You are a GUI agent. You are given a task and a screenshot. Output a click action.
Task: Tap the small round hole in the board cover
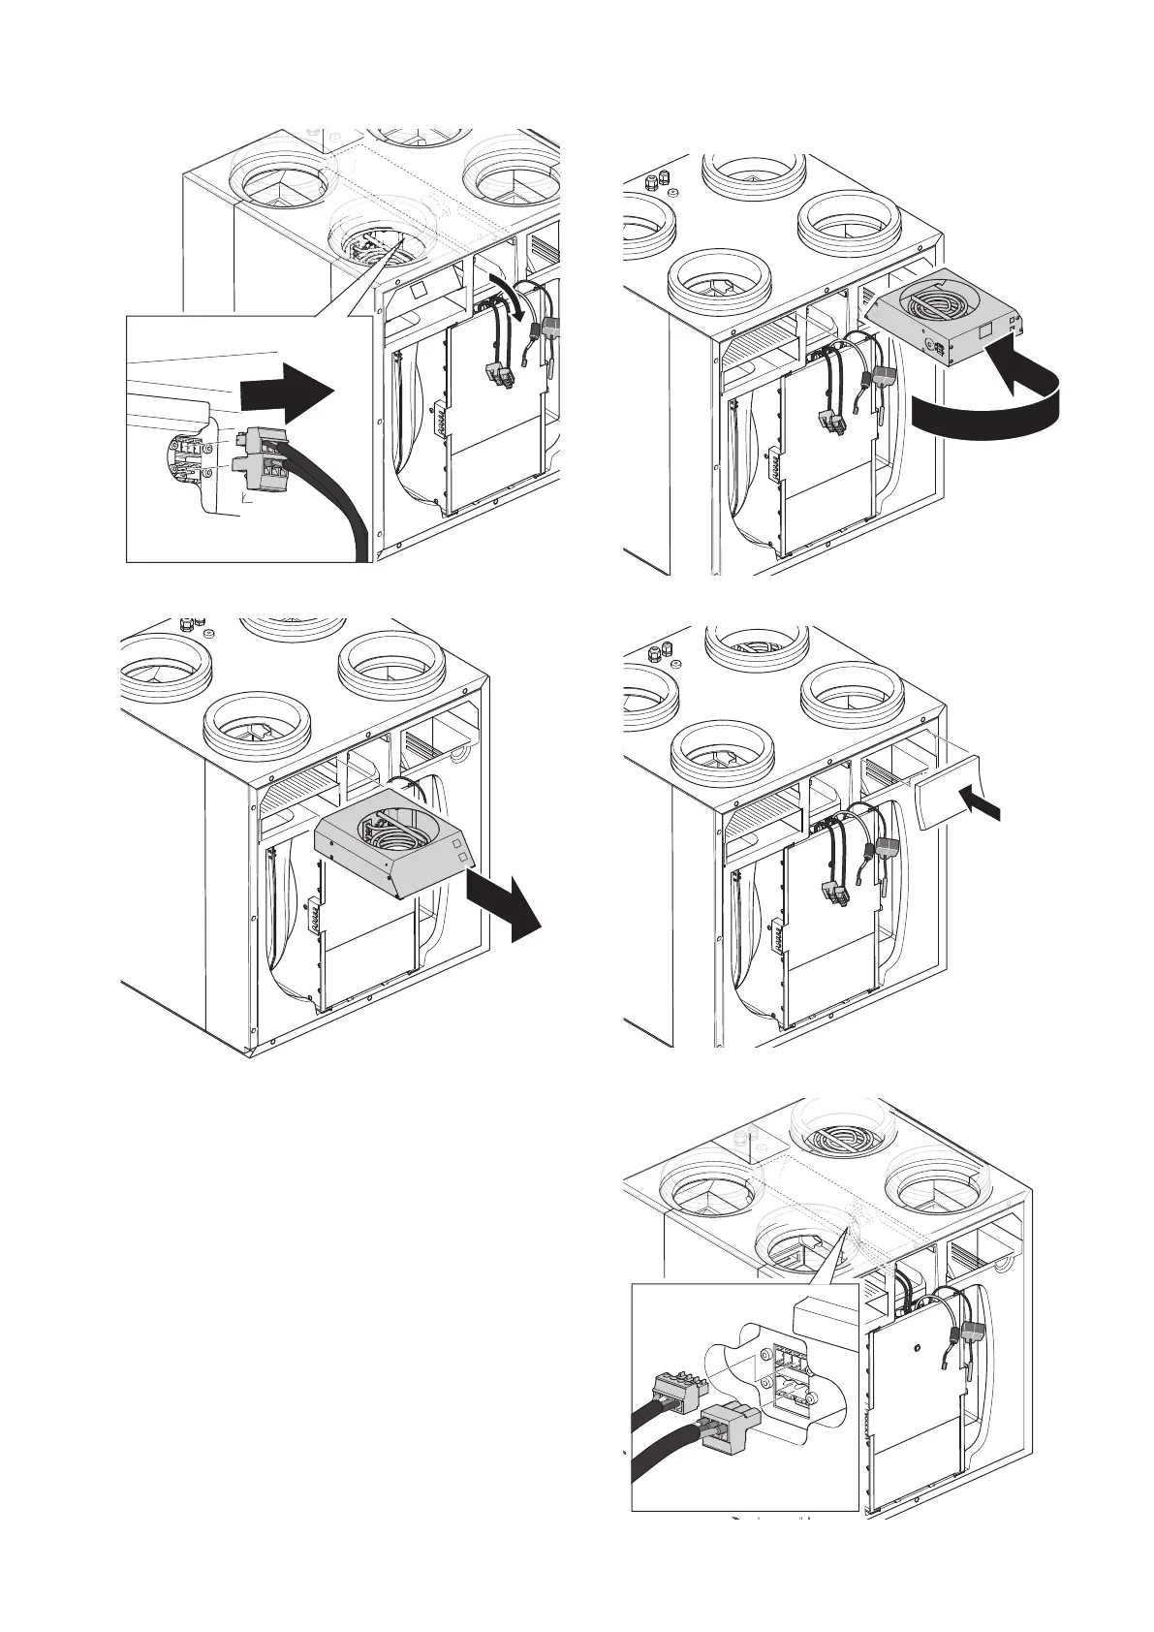click(916, 1346)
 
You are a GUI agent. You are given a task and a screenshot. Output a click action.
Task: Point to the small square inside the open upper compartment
click(417, 291)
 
